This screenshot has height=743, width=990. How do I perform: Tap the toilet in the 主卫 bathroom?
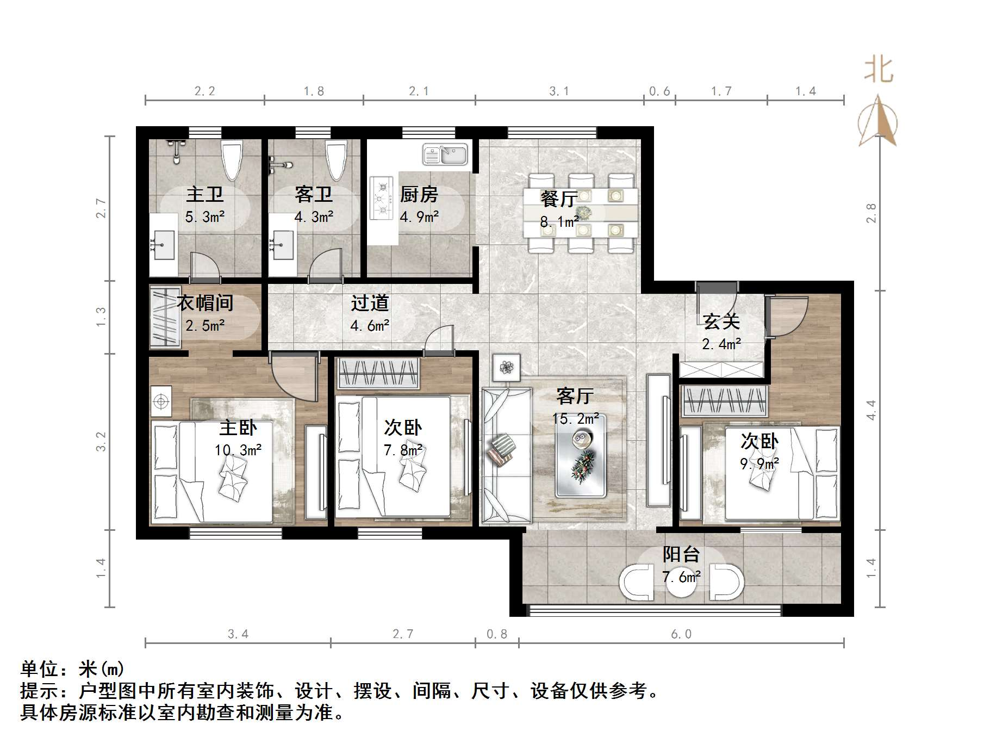click(232, 158)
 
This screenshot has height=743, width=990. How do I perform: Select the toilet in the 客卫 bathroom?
click(336, 158)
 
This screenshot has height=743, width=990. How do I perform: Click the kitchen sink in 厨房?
click(445, 154)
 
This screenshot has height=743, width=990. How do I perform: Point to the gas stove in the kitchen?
click(382, 198)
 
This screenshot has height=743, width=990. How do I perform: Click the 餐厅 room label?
click(558, 199)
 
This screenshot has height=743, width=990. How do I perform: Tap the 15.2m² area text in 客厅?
click(576, 419)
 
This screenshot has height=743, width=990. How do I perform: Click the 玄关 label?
click(721, 321)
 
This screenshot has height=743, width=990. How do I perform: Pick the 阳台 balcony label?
click(681, 554)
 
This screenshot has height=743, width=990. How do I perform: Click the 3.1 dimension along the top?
click(559, 91)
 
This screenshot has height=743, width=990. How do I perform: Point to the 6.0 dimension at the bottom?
click(681, 634)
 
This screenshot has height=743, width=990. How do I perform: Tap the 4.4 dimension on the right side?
click(871, 410)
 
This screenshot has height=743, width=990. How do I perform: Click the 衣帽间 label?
click(205, 303)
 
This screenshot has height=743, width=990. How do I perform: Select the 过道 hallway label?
click(370, 303)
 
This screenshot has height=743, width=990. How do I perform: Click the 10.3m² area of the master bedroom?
click(238, 450)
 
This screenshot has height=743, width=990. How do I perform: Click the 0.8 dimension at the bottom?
click(496, 634)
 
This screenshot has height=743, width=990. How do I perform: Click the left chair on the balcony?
click(637, 583)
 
